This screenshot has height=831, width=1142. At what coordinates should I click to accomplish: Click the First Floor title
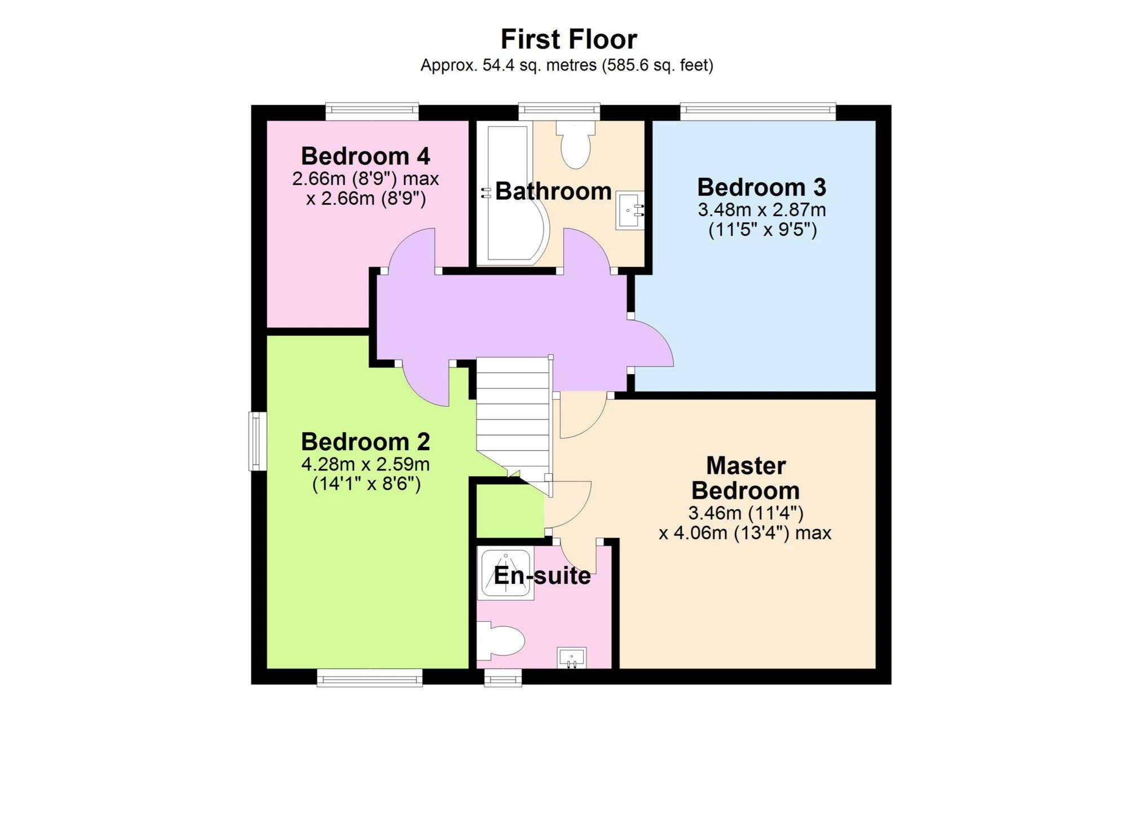[568, 39]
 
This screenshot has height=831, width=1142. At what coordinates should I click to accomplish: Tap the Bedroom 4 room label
[365, 156]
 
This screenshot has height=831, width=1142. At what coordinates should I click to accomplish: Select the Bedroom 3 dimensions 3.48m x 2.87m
[761, 210]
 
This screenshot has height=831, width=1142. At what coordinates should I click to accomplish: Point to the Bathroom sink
[629, 210]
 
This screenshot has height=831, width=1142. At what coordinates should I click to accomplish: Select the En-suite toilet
[501, 641]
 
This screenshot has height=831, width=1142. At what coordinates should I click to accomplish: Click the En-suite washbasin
[571, 658]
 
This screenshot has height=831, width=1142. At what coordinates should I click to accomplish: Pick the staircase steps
[513, 417]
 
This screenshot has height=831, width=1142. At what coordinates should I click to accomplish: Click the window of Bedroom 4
[372, 111]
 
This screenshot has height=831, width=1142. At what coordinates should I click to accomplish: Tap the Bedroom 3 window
[757, 111]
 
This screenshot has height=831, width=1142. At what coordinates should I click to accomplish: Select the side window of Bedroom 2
[257, 441]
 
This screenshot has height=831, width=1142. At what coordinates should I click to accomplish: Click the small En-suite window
[503, 677]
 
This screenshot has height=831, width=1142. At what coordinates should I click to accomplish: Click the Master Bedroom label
[745, 478]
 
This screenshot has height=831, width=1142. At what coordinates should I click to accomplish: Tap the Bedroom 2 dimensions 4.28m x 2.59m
[365, 464]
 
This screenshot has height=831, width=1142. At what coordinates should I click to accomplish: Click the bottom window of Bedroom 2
[369, 677]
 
